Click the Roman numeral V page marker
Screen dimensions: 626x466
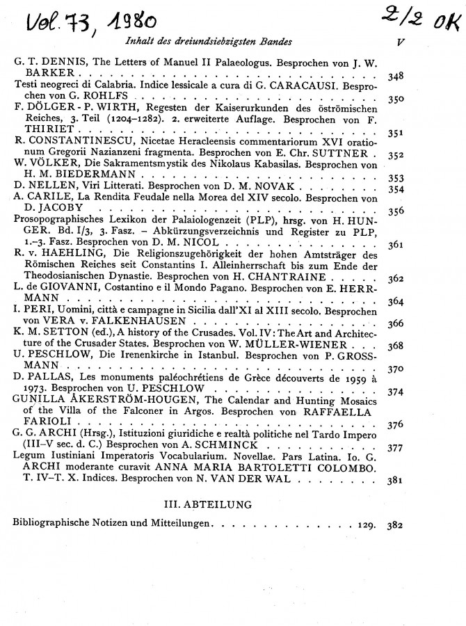397,41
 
